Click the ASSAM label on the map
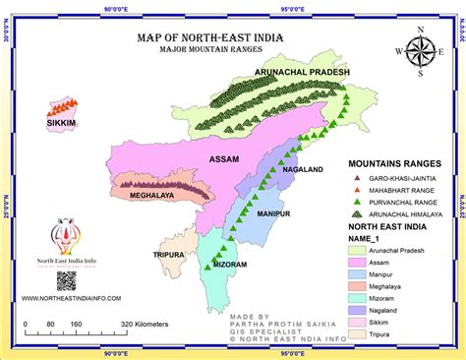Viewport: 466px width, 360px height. pos(227,157)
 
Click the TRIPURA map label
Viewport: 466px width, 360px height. pos(169,254)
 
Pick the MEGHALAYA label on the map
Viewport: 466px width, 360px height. pos(151,195)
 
